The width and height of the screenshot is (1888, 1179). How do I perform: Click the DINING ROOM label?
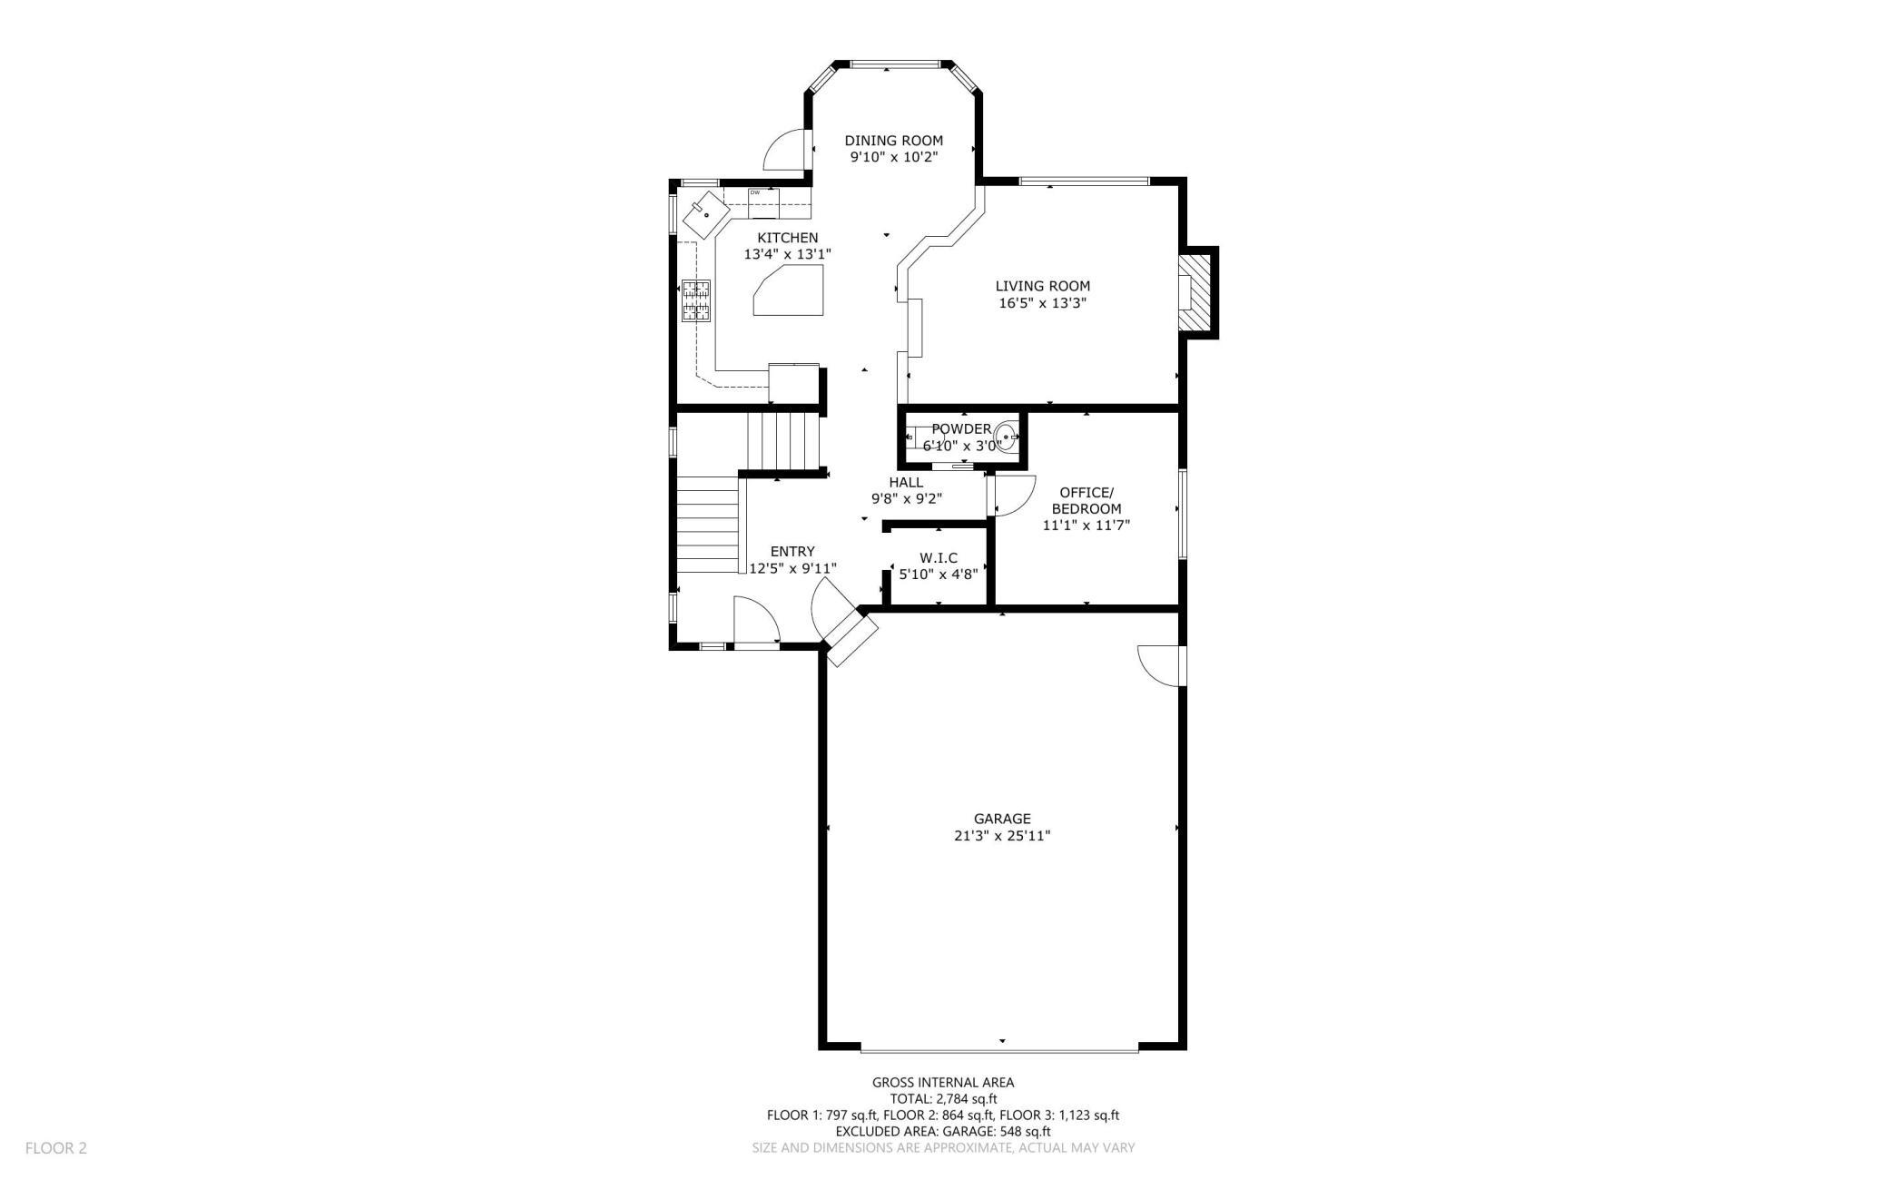point(893,141)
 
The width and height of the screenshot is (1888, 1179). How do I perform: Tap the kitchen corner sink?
point(706,215)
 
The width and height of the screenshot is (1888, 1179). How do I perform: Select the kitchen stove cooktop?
point(696,302)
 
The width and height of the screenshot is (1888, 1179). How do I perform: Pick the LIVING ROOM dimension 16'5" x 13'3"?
point(1043,303)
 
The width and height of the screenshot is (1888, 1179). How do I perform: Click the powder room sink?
point(1006,437)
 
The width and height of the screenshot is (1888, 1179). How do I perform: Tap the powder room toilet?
point(919,437)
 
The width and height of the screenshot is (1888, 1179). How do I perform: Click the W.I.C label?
point(939,558)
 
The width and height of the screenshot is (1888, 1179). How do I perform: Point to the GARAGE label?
point(1002,819)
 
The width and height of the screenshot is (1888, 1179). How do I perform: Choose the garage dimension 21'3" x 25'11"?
point(1002,836)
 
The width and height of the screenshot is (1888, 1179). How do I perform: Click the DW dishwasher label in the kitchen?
point(754,192)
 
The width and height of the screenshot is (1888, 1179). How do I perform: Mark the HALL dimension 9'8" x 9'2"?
point(907,498)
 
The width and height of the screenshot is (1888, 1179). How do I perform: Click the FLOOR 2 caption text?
point(56,1148)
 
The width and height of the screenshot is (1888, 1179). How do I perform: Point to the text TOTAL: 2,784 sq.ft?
point(943,1098)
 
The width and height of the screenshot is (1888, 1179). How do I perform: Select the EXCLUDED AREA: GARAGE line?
point(943,1131)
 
